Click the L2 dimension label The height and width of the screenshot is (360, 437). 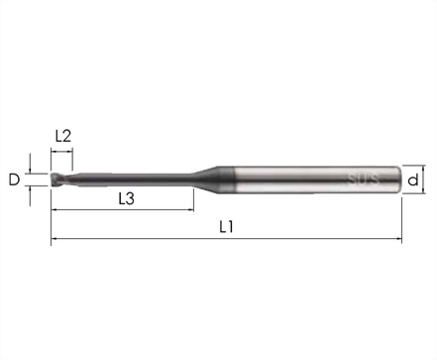(x=63, y=136)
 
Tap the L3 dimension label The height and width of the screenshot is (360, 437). (x=126, y=198)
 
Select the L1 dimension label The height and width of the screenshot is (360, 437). (x=227, y=227)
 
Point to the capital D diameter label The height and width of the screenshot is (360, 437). (x=14, y=180)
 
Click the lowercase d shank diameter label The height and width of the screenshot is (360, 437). (x=413, y=180)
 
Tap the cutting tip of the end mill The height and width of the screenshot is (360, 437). (x=54, y=180)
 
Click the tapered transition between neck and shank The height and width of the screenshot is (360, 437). (x=205, y=180)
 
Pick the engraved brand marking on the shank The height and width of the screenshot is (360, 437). (x=364, y=180)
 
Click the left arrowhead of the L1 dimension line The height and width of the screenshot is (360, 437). (x=54, y=238)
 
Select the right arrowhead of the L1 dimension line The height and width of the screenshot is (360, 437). (x=399, y=238)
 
